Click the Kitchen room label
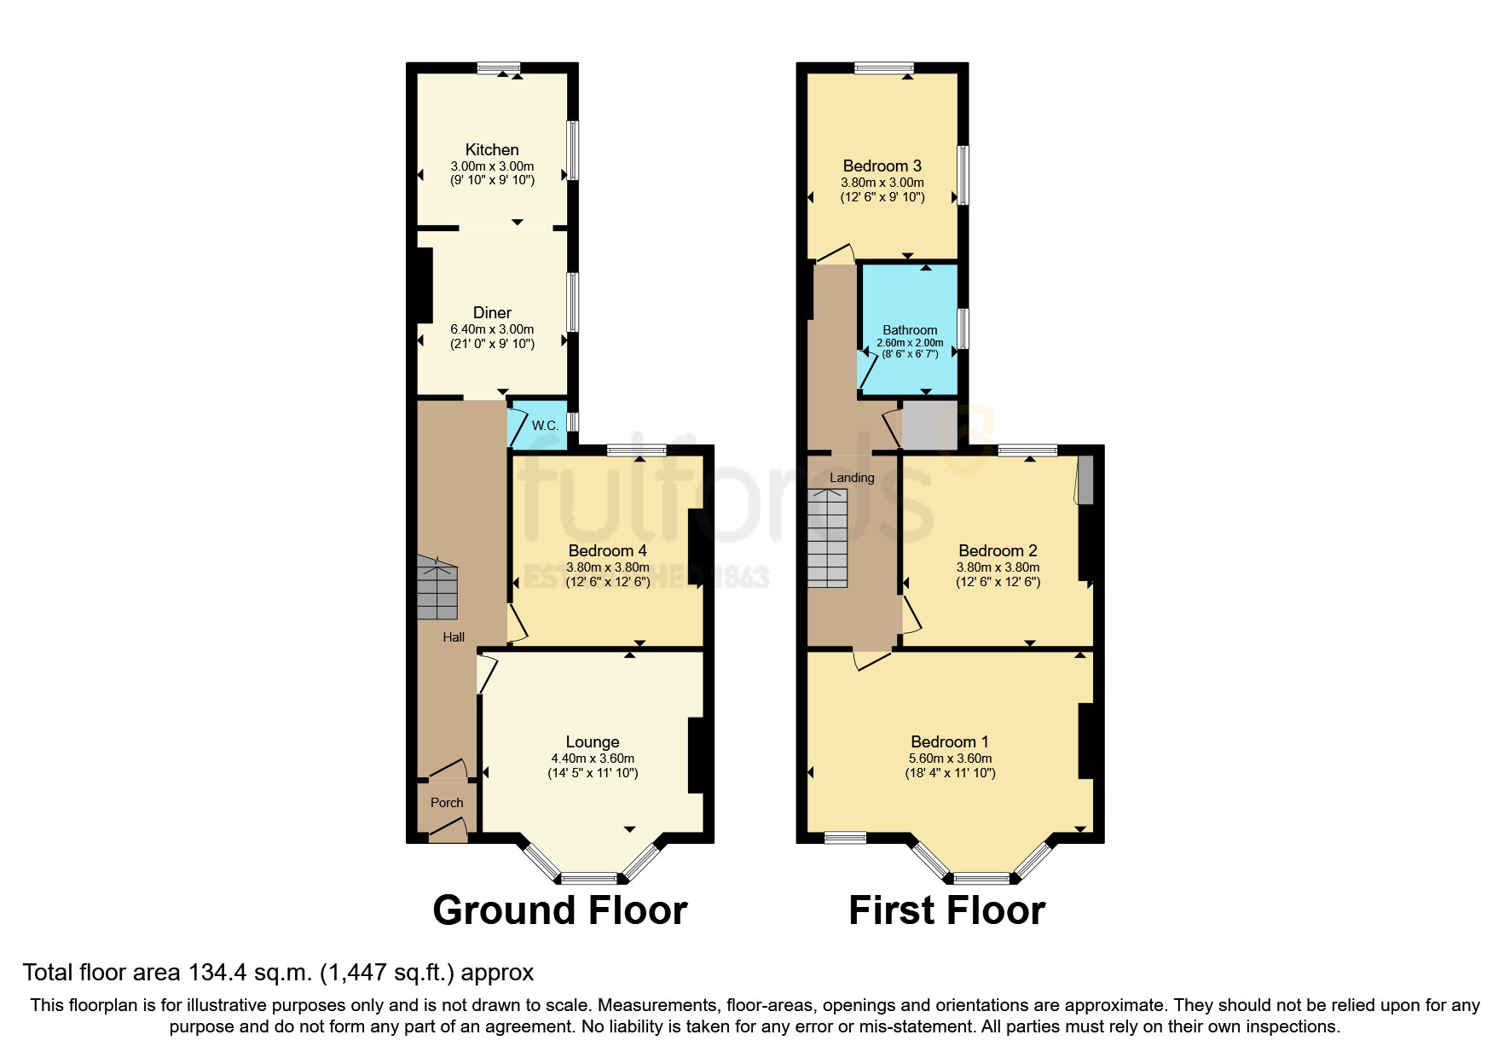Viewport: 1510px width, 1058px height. (x=492, y=150)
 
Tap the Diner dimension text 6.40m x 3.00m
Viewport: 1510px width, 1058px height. (x=492, y=329)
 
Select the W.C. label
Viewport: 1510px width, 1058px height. (x=545, y=425)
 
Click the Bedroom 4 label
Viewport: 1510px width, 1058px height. (x=607, y=551)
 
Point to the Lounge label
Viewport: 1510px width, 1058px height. (x=593, y=742)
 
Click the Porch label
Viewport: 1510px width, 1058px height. (x=447, y=803)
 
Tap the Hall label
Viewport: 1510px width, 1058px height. (x=454, y=637)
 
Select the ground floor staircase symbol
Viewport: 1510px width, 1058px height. (x=437, y=589)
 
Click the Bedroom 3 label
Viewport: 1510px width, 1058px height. (x=882, y=166)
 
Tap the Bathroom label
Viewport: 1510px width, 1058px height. (x=910, y=330)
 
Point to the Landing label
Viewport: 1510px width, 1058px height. (x=852, y=478)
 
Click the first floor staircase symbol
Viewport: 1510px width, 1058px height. (x=827, y=538)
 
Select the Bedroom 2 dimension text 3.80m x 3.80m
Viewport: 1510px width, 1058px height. (x=998, y=567)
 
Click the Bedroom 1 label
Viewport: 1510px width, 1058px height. (x=950, y=742)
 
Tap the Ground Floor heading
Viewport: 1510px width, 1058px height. (x=560, y=910)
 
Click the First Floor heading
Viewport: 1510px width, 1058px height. (x=946, y=910)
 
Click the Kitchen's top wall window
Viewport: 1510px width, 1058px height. (x=499, y=68)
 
